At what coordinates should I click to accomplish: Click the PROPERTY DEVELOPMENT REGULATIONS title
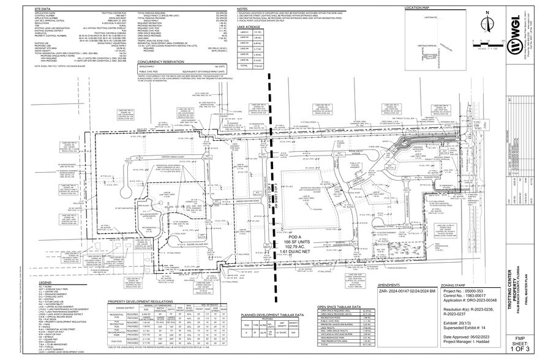coord(140,302)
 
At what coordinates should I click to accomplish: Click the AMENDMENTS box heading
coord(390,285)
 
